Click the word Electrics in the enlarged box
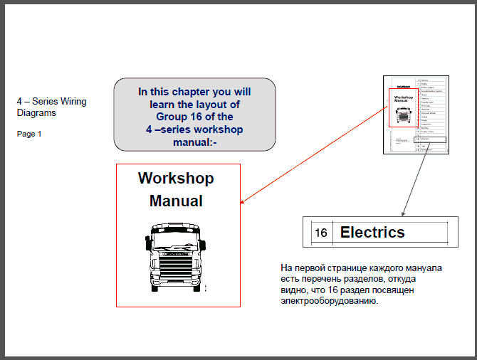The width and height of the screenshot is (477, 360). pyautogui.click(x=372, y=232)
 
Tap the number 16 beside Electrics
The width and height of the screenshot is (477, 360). pyautogui.click(x=321, y=233)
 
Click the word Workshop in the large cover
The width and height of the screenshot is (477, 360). pyautogui.click(x=176, y=178)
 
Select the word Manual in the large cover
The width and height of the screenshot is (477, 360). pyautogui.click(x=176, y=201)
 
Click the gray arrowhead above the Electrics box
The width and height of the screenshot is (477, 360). pyautogui.click(x=403, y=213)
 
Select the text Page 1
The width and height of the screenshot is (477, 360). pyautogui.click(x=29, y=134)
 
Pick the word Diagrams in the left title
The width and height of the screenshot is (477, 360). pyautogui.click(x=36, y=112)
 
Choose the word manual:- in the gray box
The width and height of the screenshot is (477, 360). pyautogui.click(x=194, y=142)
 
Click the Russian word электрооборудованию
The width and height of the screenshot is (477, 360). pyautogui.click(x=329, y=301)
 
